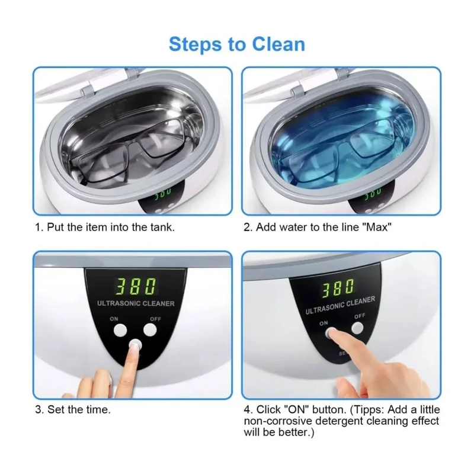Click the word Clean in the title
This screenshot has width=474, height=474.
[x=278, y=44]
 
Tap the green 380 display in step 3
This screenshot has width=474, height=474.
[x=136, y=286]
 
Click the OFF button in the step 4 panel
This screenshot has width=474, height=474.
[x=358, y=328]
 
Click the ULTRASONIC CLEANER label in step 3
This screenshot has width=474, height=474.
[x=136, y=303]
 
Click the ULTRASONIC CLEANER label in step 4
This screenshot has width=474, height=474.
[x=340, y=305]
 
